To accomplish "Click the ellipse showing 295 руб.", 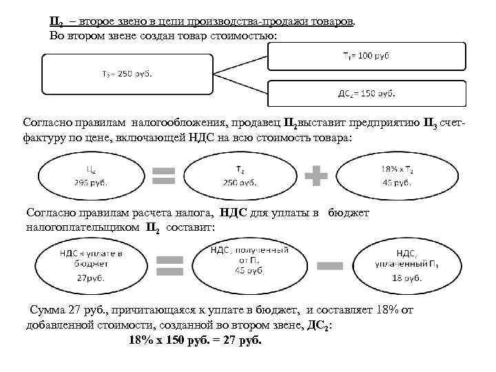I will [92, 176].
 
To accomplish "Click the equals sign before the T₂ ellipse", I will [164, 177].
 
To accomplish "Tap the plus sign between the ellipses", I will [317, 177].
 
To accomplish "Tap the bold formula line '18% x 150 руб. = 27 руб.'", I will [196, 341].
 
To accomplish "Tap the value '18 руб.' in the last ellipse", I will [405, 278].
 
